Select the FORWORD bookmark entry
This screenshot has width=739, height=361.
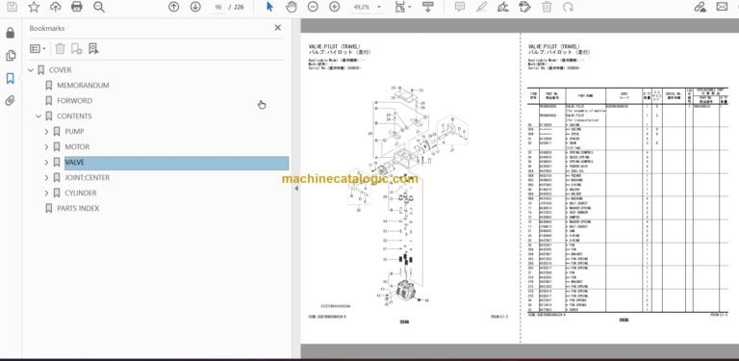click(74, 100)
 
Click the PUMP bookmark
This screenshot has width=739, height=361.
click(74, 131)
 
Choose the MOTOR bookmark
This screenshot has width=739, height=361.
click(77, 146)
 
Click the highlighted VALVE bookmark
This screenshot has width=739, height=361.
click(75, 163)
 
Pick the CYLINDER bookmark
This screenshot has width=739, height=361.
click(83, 193)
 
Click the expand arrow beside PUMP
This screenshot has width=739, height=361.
click(46, 131)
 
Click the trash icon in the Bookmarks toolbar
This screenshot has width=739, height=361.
click(60, 48)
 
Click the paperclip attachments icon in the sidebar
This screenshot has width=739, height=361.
click(11, 99)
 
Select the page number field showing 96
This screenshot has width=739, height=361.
click(219, 8)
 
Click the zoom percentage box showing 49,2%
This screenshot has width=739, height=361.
click(361, 8)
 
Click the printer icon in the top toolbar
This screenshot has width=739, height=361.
click(77, 8)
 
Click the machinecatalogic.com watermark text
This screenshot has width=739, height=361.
click(349, 179)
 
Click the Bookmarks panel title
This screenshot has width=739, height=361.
click(48, 31)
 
